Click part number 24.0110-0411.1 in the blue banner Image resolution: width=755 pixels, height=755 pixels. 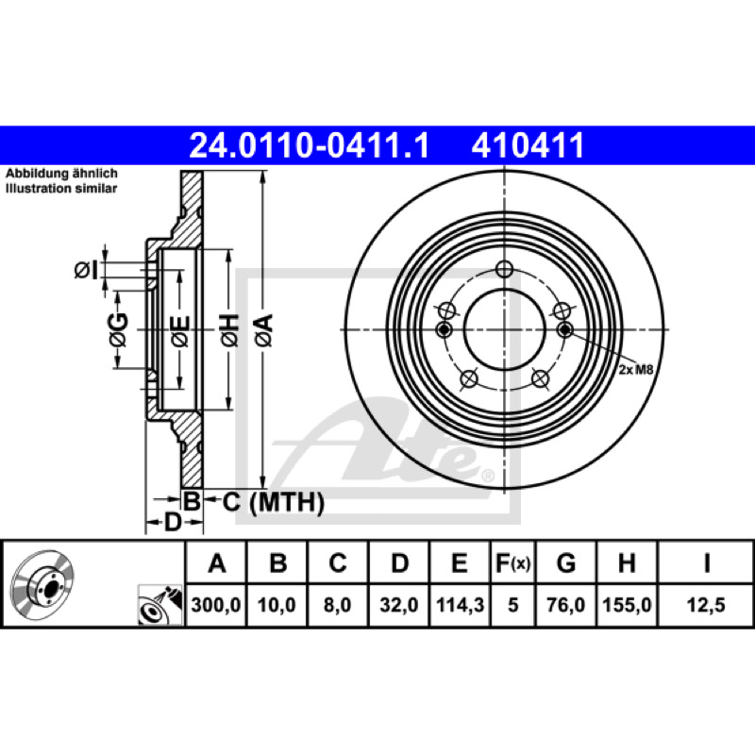(x=310, y=145)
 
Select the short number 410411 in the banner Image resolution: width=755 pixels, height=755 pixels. (x=528, y=145)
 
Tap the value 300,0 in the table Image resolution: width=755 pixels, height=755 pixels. (x=216, y=605)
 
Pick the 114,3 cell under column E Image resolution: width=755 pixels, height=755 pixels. (x=460, y=605)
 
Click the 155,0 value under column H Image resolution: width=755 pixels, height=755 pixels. (x=627, y=605)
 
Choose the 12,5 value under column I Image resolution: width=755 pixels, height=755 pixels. (x=706, y=605)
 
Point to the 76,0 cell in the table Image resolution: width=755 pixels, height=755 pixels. (x=565, y=605)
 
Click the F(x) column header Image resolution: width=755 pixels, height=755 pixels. (x=512, y=562)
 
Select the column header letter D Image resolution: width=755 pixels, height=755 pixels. (x=399, y=562)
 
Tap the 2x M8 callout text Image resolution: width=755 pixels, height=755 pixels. (x=635, y=370)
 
